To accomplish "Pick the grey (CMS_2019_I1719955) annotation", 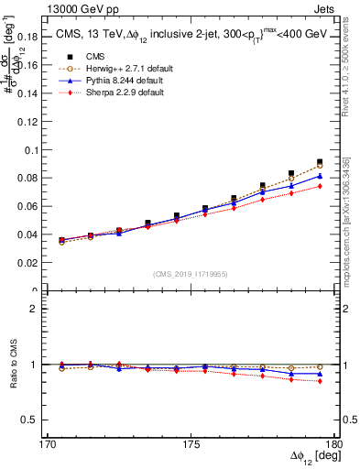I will pyautogui.click(x=190, y=273).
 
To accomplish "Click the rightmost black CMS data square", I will pyautogui.click(x=320, y=162).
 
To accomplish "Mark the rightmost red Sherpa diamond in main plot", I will pyautogui.click(x=320, y=186).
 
